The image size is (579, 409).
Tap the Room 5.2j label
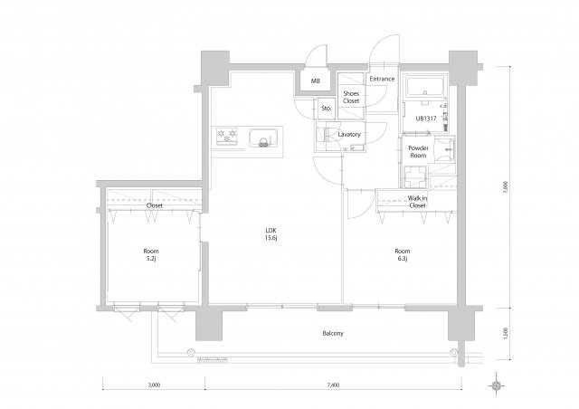tap(150, 255)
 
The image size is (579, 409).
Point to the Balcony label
tap(332, 334)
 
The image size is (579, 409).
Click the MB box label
tap(315, 81)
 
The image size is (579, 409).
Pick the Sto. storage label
tap(326, 108)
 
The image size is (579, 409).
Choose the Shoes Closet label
tap(351, 97)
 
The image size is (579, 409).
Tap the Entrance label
tap(382, 79)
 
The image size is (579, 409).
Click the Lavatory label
tap(349, 135)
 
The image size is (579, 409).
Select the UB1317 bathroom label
tap(425, 119)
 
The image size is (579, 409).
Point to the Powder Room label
tap(417, 151)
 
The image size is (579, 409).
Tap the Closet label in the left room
tap(155, 205)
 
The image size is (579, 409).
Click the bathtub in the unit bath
tap(424, 89)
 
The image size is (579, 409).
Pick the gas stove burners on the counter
tap(226, 138)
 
